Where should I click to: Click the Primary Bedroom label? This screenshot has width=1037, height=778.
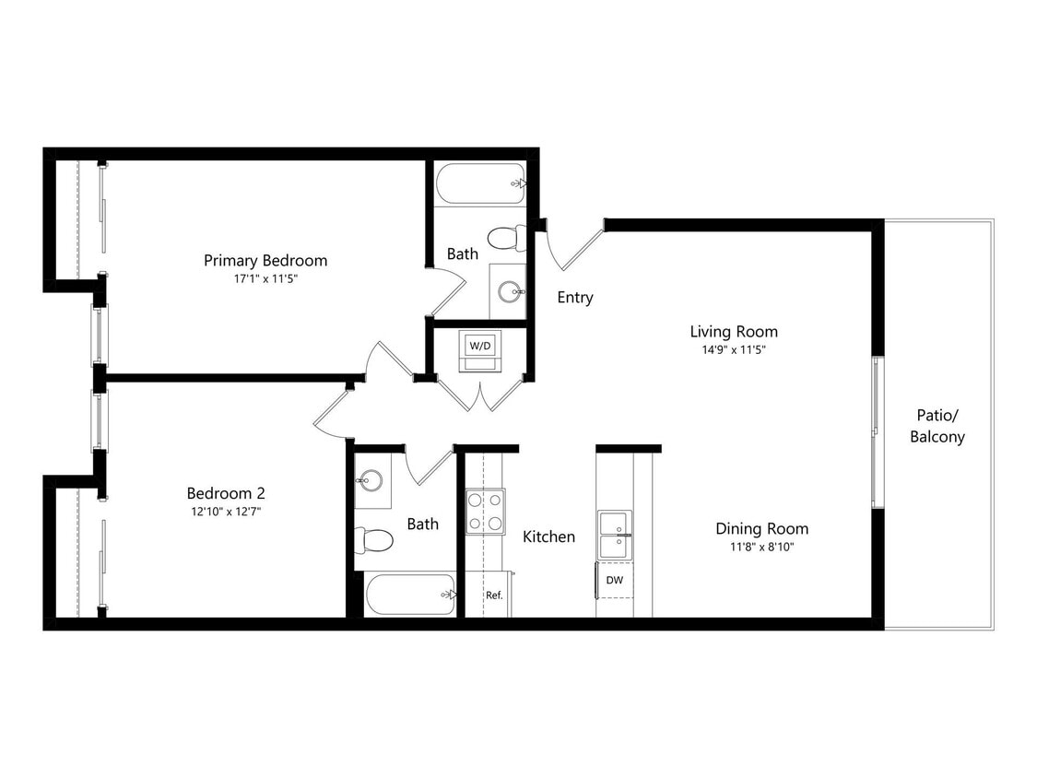[x=265, y=260]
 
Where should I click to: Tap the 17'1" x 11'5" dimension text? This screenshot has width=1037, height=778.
[x=265, y=278]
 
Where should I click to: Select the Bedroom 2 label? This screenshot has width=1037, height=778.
[x=226, y=493]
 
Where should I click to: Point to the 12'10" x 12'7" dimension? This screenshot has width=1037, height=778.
[x=226, y=511]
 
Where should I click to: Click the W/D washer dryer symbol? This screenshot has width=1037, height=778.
[x=480, y=347]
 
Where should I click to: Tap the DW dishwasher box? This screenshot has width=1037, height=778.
[x=613, y=581]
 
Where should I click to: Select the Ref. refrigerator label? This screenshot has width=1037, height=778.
[x=494, y=595]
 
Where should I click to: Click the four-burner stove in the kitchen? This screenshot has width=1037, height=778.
[x=485, y=511]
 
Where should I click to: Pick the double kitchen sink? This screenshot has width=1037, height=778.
[x=614, y=535]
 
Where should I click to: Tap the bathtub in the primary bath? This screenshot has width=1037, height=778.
[x=479, y=183]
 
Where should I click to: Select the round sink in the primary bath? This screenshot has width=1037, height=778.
[x=509, y=292]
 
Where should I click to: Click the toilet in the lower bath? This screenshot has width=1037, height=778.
[x=374, y=539]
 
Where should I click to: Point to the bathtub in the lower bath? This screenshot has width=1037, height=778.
[x=410, y=595]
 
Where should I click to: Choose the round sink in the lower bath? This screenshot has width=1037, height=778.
[x=371, y=480]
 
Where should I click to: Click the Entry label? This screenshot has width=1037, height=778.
[x=575, y=298]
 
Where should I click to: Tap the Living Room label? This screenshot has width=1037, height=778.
[x=734, y=331]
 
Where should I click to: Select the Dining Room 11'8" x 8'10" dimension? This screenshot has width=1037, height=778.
[x=761, y=547]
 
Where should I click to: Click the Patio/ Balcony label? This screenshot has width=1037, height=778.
[x=937, y=426]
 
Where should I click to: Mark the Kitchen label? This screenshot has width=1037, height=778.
[x=548, y=536]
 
